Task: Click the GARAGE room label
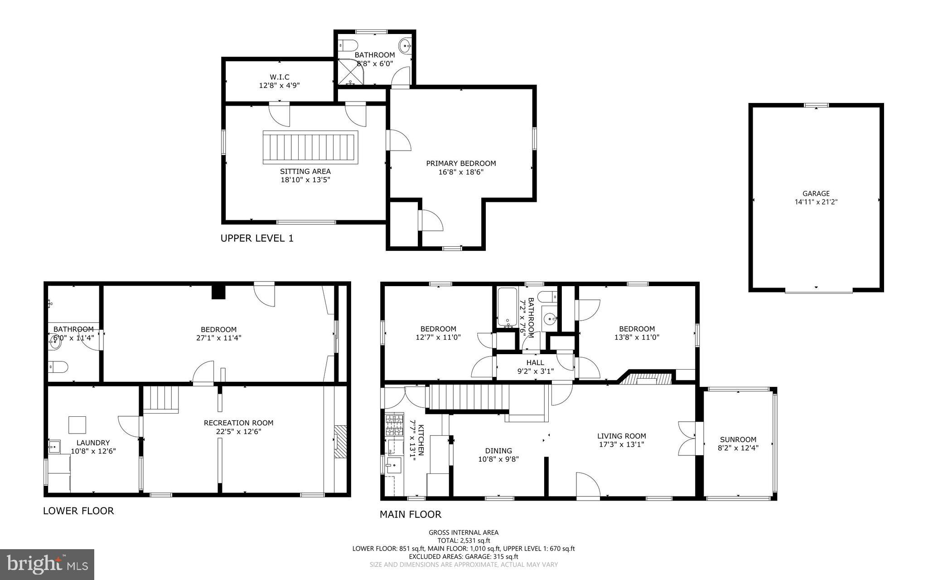816,194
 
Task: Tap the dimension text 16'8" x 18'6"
460,172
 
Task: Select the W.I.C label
279,77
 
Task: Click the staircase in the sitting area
310,147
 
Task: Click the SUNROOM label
738,439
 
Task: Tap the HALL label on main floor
535,363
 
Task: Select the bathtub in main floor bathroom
507,307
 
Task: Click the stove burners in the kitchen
394,425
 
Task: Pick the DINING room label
498,451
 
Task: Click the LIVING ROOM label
621,436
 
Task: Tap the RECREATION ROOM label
238,423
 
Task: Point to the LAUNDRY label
93,443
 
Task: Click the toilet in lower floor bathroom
59,366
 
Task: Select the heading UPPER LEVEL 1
256,239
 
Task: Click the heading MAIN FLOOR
410,514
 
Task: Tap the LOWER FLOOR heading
78,511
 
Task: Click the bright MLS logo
47,564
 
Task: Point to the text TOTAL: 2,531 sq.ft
464,541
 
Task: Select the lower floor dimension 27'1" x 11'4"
218,338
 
